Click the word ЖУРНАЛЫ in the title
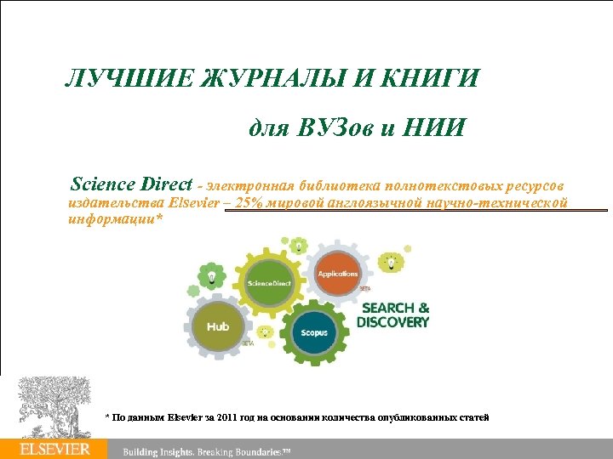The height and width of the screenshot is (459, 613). (268, 80)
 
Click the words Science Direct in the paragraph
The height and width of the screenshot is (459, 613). (131, 184)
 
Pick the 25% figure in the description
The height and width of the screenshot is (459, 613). (249, 202)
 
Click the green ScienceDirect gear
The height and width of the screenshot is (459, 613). (269, 281)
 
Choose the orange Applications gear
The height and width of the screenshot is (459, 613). (338, 274)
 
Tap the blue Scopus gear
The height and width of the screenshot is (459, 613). (314, 332)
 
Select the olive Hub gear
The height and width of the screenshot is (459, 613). (218, 326)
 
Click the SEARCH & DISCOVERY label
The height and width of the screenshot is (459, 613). (392, 314)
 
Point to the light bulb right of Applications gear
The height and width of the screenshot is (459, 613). (391, 261)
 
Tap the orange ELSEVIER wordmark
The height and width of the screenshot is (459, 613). (54, 449)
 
